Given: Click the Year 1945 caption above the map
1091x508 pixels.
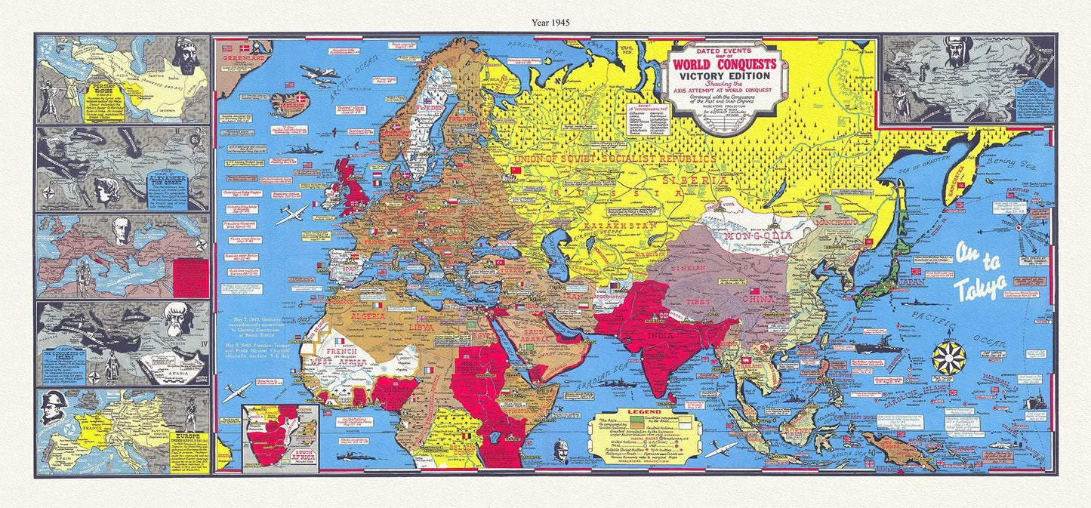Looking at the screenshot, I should (x=544, y=23).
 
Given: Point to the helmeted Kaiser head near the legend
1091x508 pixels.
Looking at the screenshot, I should (x=559, y=451).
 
